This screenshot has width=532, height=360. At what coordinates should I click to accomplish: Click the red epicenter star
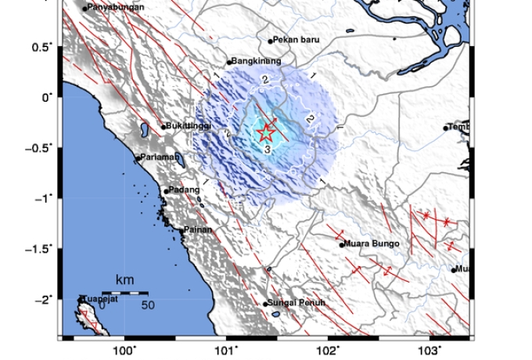pos(266,132)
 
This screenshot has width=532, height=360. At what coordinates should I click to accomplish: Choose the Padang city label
pos(183,189)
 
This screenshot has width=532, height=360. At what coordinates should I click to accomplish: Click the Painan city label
pos(197,230)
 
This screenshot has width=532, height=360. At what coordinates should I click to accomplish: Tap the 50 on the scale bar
pos(147,305)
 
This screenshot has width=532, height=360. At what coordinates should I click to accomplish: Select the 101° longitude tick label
pos(227,351)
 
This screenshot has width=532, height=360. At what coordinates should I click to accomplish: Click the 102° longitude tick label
pos(328,351)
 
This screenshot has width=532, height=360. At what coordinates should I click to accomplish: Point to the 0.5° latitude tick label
pos(41,47)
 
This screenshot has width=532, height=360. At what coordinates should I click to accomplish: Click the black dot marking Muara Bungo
pos(342,245)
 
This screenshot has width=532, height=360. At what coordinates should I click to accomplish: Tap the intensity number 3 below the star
pos(267,149)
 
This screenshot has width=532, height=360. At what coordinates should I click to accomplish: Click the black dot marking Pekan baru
pos(271,41)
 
